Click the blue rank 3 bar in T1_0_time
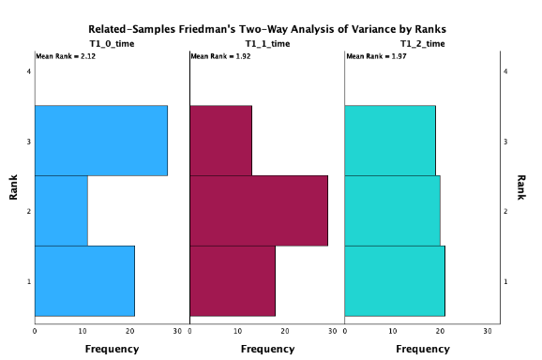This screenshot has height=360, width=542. coord(101,141)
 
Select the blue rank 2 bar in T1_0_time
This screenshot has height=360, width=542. coord(61,211)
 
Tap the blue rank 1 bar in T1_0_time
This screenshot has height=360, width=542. coord(84,281)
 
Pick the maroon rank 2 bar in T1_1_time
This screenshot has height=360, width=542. coord(259,211)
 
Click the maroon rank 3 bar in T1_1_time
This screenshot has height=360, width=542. coord(220,141)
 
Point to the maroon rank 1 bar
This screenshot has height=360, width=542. coord(233,281)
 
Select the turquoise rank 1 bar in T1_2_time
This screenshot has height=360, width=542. coord(395,281)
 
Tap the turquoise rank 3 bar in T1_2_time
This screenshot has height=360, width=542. coord(390,141)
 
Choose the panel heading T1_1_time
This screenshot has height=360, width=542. coord(267,43)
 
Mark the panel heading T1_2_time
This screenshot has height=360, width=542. coord(422,43)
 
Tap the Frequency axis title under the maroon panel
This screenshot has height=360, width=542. coord(267,350)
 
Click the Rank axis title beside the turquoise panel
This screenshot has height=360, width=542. coord(520,187)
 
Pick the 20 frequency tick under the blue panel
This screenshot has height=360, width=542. coord(130,331)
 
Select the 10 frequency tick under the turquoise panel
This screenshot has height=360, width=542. coord(393,331)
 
